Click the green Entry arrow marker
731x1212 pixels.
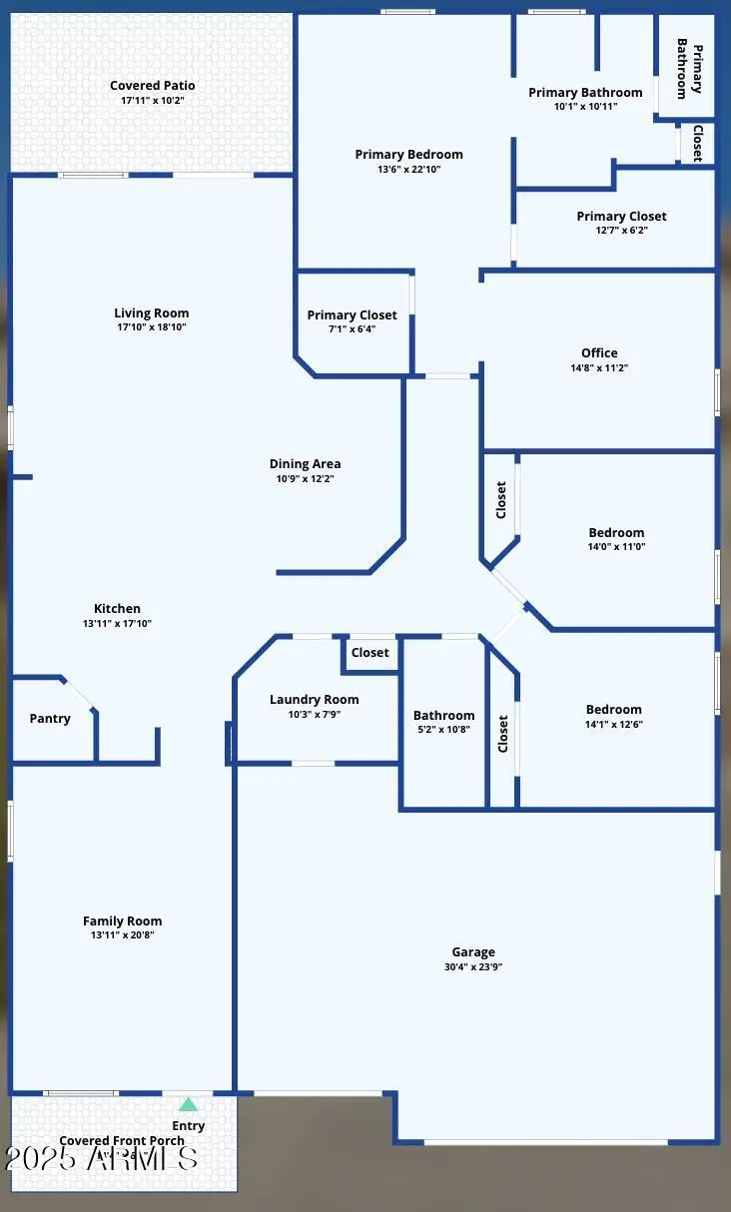click(x=188, y=1104)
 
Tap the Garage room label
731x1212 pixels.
click(x=472, y=952)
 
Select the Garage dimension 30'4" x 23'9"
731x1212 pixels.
click(x=472, y=967)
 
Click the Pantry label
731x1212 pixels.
click(x=50, y=719)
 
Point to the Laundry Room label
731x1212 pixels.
click(x=314, y=700)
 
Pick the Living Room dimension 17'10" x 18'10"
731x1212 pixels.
click(x=151, y=327)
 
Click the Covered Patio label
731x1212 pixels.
click(x=152, y=86)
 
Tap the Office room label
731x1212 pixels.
click(x=599, y=352)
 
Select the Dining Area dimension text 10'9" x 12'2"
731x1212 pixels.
click(x=305, y=479)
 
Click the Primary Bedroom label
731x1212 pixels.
click(x=408, y=155)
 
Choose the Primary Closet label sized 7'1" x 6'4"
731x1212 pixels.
click(x=352, y=315)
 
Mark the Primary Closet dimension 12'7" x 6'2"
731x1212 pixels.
click(x=621, y=231)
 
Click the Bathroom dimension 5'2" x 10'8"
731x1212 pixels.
click(x=444, y=730)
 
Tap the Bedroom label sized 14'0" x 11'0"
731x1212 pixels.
click(x=616, y=533)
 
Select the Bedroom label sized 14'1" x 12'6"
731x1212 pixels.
click(x=614, y=710)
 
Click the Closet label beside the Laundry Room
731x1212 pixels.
click(x=369, y=653)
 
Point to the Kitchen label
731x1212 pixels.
click(x=117, y=609)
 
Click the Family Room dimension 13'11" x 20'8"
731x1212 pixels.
click(x=122, y=935)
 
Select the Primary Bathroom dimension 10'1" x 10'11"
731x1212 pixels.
click(x=585, y=107)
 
